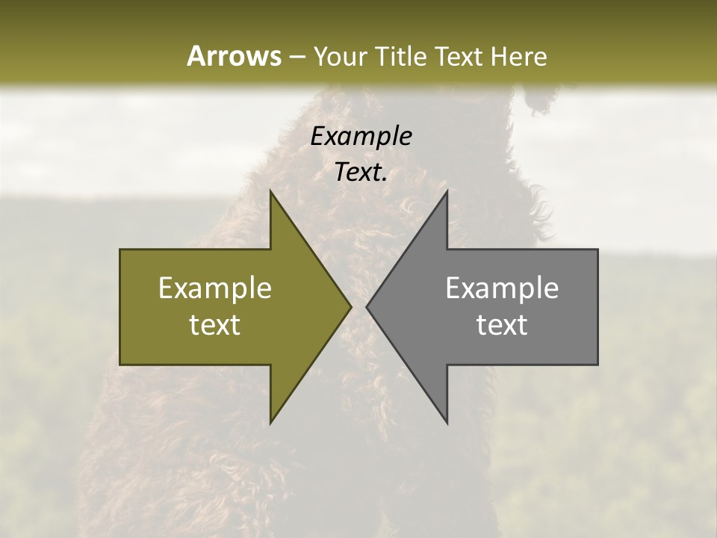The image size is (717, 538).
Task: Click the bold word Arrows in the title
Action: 233,56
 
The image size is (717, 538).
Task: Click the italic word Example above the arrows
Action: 361,137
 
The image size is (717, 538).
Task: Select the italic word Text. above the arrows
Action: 361,173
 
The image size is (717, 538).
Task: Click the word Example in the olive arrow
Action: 215,288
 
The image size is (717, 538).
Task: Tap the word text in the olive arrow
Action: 215,324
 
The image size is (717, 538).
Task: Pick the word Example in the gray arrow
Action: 502,288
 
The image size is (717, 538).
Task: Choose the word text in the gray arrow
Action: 502,324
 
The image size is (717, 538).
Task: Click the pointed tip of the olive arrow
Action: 351,306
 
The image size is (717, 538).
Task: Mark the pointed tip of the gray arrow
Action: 367,306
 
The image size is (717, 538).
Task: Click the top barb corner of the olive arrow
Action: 270,191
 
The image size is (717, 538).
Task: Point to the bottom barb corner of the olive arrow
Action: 270,423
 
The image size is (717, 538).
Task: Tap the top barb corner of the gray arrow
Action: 447,191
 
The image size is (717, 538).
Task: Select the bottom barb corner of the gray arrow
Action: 447,423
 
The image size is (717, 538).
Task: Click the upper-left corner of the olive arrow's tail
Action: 120,250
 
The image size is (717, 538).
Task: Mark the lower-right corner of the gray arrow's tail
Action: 597,365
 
